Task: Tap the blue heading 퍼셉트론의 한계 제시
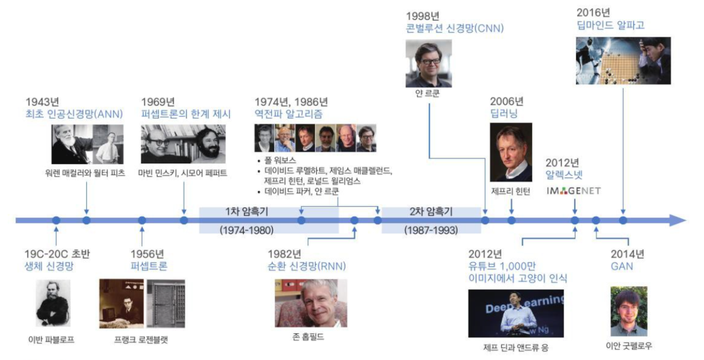pyautogui.click(x=186, y=114)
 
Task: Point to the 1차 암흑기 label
pyautogui.click(x=247, y=211)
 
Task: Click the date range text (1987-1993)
pyautogui.click(x=431, y=230)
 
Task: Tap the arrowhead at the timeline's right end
pyautogui.click(x=677, y=221)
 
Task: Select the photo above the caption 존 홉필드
pyautogui.click(x=311, y=303)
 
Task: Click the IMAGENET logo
pyautogui.click(x=574, y=191)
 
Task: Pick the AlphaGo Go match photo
pyautogui.click(x=623, y=61)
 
